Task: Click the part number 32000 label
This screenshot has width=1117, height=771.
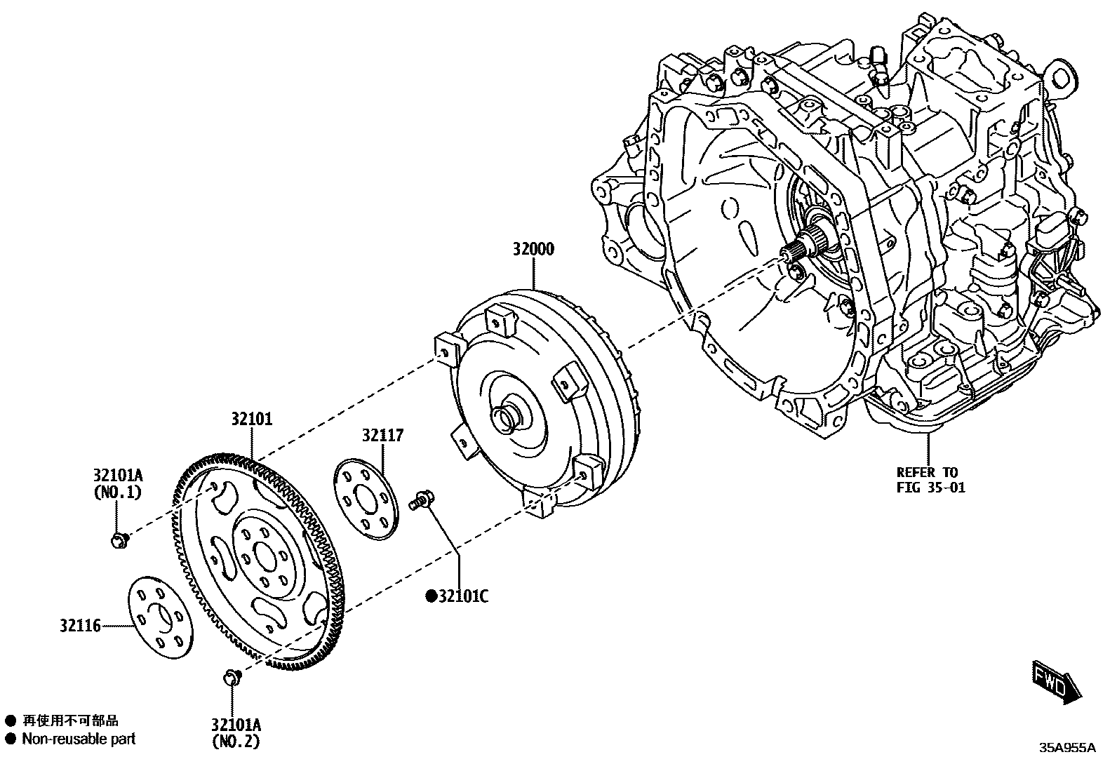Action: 533,249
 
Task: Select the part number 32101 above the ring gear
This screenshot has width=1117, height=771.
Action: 252,419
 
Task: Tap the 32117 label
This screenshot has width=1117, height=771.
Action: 383,436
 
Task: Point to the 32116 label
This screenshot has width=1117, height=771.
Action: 80,623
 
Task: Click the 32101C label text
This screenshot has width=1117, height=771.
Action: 463,596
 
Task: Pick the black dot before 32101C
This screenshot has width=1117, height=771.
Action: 432,597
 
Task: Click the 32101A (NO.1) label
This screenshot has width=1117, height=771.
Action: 117,483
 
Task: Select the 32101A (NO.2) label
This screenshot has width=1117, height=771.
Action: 236,732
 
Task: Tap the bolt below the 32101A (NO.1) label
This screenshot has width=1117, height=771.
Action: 119,539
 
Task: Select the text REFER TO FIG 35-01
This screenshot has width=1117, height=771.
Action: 930,480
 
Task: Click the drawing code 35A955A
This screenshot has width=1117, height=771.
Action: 1067,748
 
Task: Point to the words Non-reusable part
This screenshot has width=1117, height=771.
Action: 79,739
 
